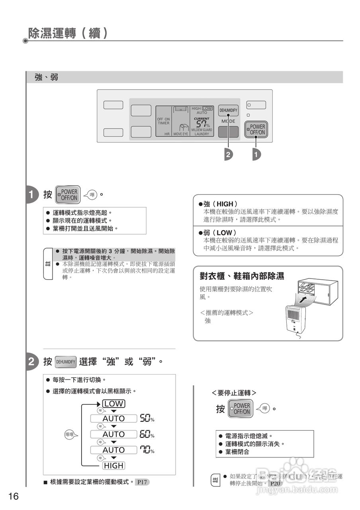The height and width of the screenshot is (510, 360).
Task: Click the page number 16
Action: tap(13, 496)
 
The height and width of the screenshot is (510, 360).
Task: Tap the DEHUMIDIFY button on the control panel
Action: tap(228, 110)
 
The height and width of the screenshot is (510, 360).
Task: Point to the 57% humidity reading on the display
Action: tap(203, 124)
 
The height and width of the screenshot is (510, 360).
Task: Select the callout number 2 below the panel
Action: tap(228, 154)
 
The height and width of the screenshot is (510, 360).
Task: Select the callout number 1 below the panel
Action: tap(256, 154)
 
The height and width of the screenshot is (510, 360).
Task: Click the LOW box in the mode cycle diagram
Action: tap(114, 404)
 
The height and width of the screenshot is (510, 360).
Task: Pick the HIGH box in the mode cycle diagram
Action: tap(114, 465)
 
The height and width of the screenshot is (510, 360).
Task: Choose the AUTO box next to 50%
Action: tap(113, 418)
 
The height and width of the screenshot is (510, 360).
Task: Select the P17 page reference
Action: tap(142, 482)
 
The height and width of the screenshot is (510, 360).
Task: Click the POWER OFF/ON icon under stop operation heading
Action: tap(240, 409)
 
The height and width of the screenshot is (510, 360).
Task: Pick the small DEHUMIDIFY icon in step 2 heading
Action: tap(65, 362)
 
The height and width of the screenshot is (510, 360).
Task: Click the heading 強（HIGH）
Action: tap(220, 204)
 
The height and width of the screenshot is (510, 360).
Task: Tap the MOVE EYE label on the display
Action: tap(180, 134)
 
